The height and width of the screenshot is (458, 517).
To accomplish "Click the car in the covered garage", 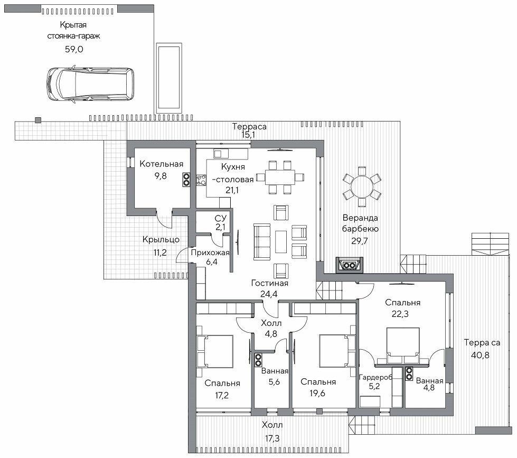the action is point(90,84).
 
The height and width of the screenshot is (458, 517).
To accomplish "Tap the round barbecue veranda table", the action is point(362,187).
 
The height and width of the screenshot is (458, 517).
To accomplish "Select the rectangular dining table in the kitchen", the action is point(280,177).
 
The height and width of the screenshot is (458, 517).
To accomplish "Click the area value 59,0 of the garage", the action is point(74,50).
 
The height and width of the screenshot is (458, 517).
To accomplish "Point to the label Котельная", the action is point(161,164).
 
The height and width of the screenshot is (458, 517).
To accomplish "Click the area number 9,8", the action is point(161,176).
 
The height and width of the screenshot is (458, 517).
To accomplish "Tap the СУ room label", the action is point(221,218).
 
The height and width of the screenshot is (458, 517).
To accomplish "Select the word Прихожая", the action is point(210,253).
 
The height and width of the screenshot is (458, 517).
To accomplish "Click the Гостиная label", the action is point(270,283).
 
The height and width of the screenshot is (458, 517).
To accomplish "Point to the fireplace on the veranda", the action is point(350,265).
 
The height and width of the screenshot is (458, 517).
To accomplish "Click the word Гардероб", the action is point(375,377).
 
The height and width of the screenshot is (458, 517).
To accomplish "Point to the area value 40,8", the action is point(481,355).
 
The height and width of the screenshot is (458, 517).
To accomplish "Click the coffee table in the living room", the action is point(281,242).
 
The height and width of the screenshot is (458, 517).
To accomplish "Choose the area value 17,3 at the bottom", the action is point(272,438).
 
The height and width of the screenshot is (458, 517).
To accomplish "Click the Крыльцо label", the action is point(161,240).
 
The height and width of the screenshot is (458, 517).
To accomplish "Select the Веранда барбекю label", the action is point(360,223).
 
